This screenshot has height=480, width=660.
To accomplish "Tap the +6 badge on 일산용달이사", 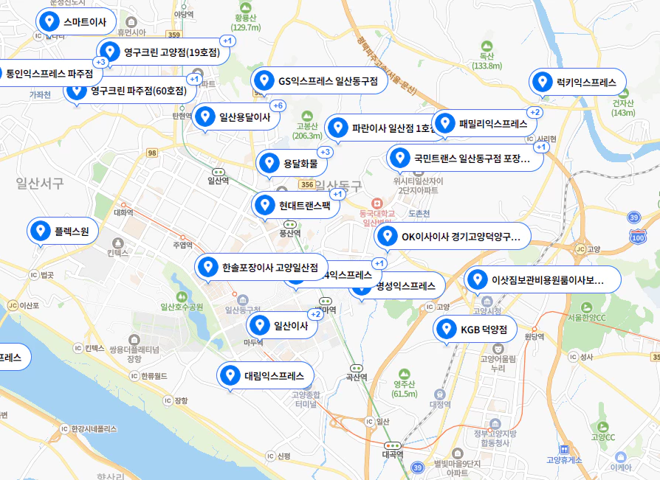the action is (278, 105).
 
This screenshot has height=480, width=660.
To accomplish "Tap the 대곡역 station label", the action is (393, 454).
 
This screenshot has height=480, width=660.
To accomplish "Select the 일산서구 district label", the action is (40, 183).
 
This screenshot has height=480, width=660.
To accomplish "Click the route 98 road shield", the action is (152, 153).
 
